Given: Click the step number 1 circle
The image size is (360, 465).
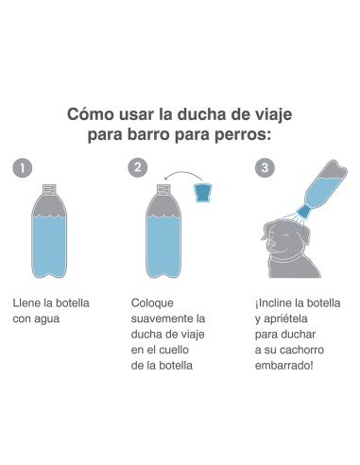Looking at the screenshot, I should click(25, 168).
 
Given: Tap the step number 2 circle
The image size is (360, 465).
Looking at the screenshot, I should click(139, 168).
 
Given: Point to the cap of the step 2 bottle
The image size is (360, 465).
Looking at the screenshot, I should click(163, 187).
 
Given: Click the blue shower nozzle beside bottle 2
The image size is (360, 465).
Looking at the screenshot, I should click(203, 194).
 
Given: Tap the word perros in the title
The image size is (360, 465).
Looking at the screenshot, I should click(241, 134).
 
